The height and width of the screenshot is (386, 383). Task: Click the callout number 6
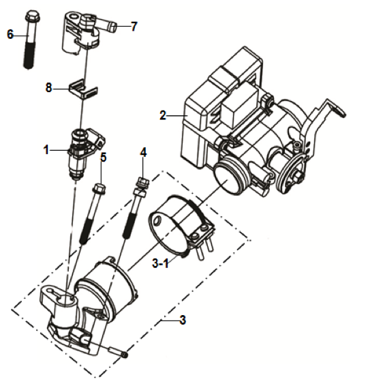(10, 34)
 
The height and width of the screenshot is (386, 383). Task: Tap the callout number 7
(134, 27)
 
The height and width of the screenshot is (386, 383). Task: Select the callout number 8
(48, 87)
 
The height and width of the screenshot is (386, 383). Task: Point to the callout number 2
(163, 115)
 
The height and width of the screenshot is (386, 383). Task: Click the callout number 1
(46, 150)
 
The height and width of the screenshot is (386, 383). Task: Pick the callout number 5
(104, 158)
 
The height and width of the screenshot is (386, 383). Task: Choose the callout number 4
(143, 152)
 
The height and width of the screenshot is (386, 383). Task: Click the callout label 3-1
(161, 263)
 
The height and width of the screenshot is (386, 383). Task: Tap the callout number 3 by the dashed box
(183, 320)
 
